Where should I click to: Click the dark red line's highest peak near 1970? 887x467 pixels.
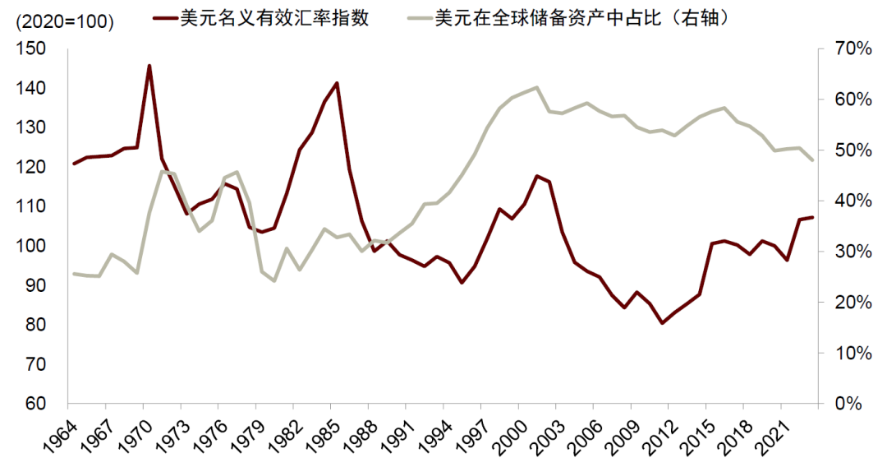coord(149,66)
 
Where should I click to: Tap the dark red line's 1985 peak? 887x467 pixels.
coord(337,83)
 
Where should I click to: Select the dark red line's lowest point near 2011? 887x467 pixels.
coord(662,323)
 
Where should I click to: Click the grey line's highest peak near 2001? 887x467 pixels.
coord(536,87)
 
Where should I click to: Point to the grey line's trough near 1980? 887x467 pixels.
coord(274,281)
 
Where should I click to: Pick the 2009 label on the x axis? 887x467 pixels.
coord(623,437)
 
